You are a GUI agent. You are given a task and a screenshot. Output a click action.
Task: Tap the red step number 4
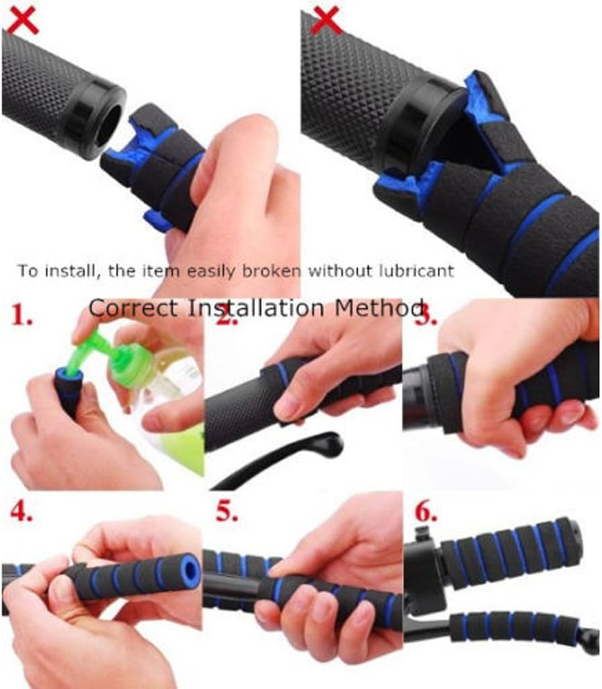tap(22, 513)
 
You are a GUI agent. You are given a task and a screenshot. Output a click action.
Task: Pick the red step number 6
tap(424, 513)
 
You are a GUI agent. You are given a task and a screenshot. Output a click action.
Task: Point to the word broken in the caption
tap(279, 271)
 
